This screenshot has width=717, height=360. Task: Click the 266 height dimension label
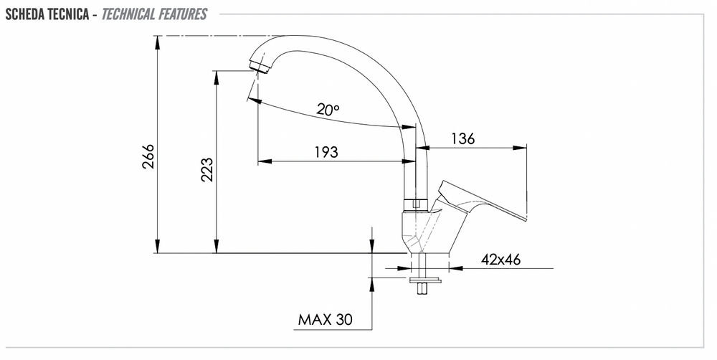(148, 157)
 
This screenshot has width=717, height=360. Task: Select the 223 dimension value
(206, 170)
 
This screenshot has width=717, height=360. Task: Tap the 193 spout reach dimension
(326, 152)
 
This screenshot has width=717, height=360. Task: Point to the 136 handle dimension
(463, 138)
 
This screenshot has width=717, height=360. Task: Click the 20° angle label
(328, 109)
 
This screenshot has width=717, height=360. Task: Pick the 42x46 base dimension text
(500, 260)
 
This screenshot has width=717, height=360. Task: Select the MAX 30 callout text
(325, 319)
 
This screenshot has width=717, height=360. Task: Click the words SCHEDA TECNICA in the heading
(47, 14)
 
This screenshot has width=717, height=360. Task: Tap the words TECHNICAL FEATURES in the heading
(154, 14)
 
